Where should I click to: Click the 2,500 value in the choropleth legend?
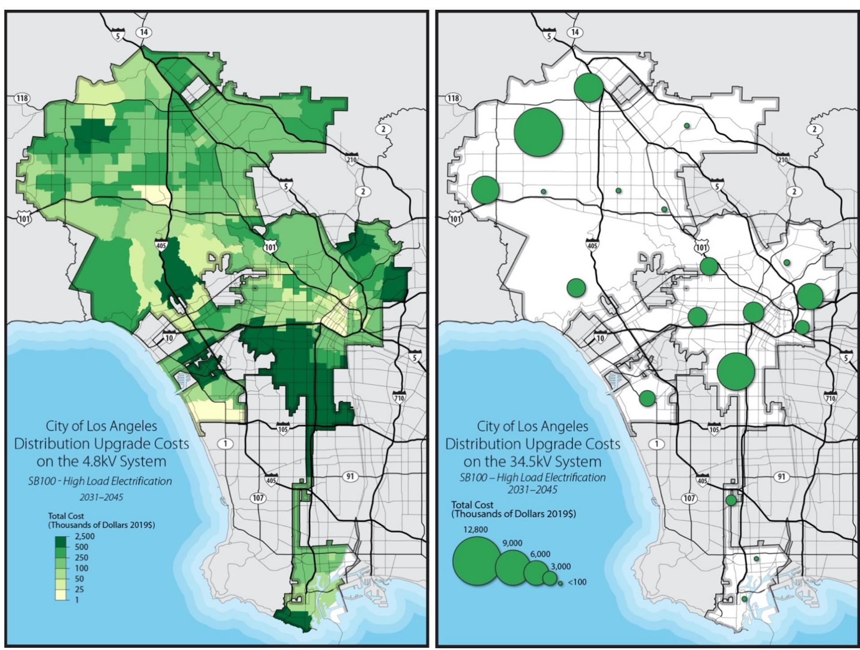point(84,537)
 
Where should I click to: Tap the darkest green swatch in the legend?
point(62,541)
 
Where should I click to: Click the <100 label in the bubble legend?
point(577,582)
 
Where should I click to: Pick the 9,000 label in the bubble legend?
point(512,543)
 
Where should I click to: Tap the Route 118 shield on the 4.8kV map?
point(21,98)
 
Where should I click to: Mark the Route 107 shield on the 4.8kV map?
point(258,498)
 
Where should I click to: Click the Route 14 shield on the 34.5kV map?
point(575,32)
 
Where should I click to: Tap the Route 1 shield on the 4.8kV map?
point(226,444)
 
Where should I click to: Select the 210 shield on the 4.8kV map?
point(352,159)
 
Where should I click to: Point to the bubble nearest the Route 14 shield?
point(589,87)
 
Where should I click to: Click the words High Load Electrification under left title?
point(117,481)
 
